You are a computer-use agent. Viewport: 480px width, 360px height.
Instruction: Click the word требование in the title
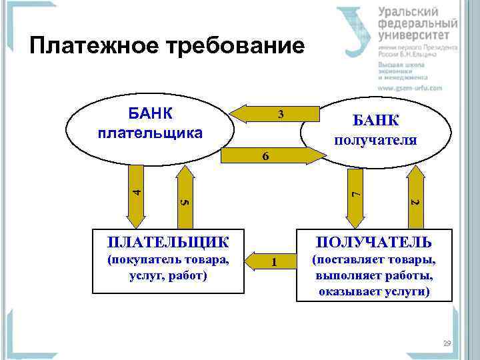(229, 45)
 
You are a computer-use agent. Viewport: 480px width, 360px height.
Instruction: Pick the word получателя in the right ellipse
(375, 140)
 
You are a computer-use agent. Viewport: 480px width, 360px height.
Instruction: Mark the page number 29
(446, 343)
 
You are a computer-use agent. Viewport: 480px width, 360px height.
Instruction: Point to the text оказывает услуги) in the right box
(374, 291)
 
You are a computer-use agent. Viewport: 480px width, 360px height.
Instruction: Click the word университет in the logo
(417, 35)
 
